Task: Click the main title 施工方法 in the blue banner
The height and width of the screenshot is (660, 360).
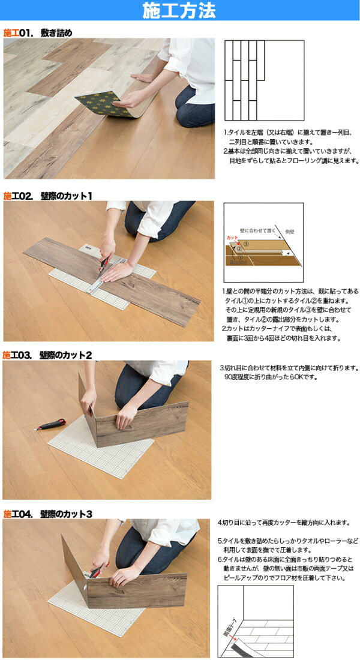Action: click(x=179, y=11)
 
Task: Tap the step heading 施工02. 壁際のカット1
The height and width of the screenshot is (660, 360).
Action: click(x=47, y=196)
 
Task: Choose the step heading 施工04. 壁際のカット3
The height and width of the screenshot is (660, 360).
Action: click(x=47, y=514)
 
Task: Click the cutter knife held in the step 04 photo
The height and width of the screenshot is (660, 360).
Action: click(x=98, y=569)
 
